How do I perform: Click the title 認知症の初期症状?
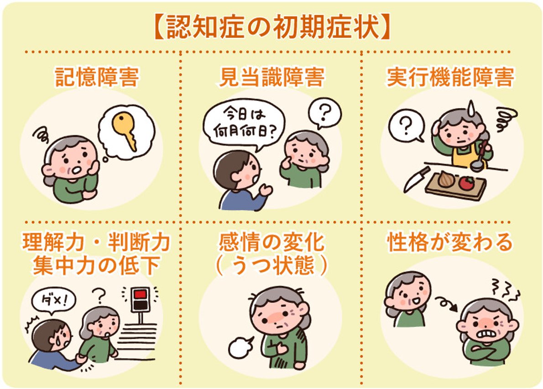tap(271, 28)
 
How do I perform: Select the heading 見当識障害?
tap(271, 78)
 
